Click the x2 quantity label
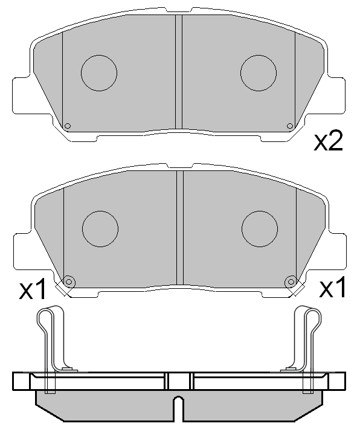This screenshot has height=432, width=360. coord(329,141)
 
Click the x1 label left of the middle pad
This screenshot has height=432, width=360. coord(33,291)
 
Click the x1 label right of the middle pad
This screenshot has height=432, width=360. coord(333,289)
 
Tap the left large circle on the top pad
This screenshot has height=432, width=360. coord(99,73)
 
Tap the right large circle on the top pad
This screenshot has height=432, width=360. coord(259,73)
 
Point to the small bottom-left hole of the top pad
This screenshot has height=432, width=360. coord(68,126)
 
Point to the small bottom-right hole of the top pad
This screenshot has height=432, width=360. coord(290,126)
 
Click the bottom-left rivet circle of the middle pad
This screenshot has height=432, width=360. coord(68,282)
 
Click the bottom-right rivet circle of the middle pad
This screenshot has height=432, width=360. coord(291,282)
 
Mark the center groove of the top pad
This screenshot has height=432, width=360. coord(178,73)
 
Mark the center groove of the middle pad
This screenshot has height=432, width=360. coord(179,228)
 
